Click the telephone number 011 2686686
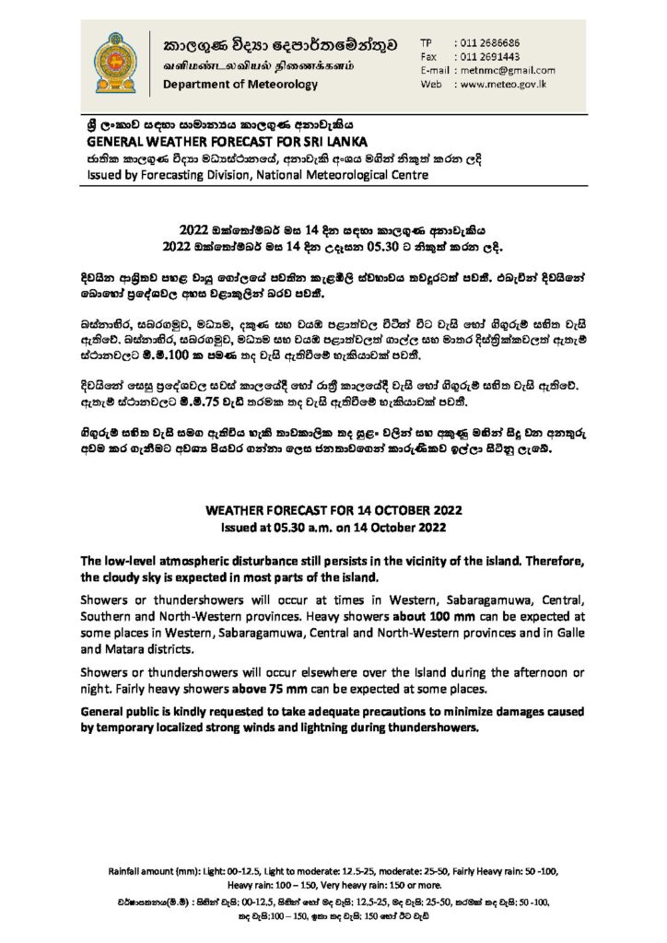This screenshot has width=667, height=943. [x=494, y=43]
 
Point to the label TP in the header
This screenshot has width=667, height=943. [x=427, y=43]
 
